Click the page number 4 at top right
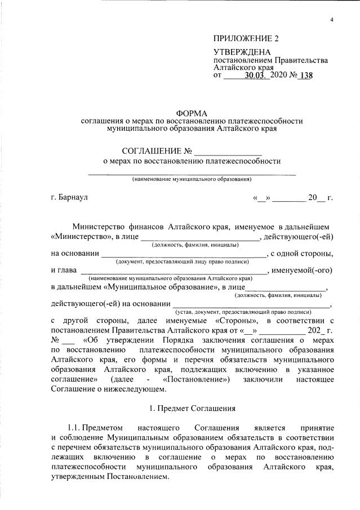coord(332,21)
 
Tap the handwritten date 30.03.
coord(258,77)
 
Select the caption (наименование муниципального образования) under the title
coord(192,179)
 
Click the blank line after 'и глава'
coord(172,270)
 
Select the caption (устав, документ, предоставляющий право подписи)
coord(243,311)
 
